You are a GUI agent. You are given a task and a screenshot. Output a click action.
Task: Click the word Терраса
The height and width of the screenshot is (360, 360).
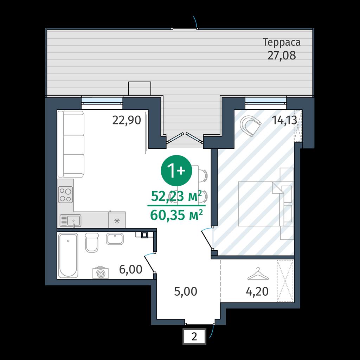pyautogui.click(x=282, y=43)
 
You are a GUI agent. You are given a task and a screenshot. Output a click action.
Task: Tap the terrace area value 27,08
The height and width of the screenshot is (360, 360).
pyautogui.click(x=282, y=55)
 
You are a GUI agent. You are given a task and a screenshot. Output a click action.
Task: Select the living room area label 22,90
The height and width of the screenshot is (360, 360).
pyautogui.click(x=127, y=120)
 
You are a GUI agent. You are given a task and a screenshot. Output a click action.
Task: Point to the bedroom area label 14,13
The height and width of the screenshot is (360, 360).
pyautogui.click(x=284, y=120)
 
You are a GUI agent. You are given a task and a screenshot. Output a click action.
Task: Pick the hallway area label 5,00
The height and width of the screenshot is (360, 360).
pyautogui.click(x=186, y=291)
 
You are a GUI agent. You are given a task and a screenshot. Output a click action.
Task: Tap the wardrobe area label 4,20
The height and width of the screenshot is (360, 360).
pyautogui.click(x=257, y=291)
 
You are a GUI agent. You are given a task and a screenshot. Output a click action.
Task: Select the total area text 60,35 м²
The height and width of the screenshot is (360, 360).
pyautogui.click(x=176, y=215)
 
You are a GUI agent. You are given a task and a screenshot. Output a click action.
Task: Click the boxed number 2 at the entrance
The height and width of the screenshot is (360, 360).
pyautogui.click(x=194, y=336)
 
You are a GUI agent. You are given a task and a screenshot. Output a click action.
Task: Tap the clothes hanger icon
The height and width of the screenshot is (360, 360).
pyautogui.click(x=258, y=274)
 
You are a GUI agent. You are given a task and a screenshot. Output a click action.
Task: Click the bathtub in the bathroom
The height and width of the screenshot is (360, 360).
pyautogui.click(x=68, y=256)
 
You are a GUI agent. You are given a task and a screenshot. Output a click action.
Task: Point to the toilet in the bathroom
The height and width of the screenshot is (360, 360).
pyautogui.click(x=92, y=243)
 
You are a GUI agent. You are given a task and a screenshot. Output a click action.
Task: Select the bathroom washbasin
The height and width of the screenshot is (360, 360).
pyautogui.click(x=115, y=239)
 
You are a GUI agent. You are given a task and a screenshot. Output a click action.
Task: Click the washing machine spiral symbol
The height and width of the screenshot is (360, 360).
pyautogui.click(x=100, y=273)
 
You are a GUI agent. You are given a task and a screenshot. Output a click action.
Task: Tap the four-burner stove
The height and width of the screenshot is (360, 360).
pyautogui.click(x=65, y=194)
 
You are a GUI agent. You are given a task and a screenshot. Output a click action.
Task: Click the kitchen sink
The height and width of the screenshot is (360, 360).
pyautogui.click(x=70, y=220)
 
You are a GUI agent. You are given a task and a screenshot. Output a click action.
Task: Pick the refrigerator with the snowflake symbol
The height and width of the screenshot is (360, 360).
pyautogui.click(x=117, y=220)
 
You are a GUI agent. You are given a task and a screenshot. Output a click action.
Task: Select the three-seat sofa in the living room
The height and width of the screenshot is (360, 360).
pyautogui.click(x=71, y=144)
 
